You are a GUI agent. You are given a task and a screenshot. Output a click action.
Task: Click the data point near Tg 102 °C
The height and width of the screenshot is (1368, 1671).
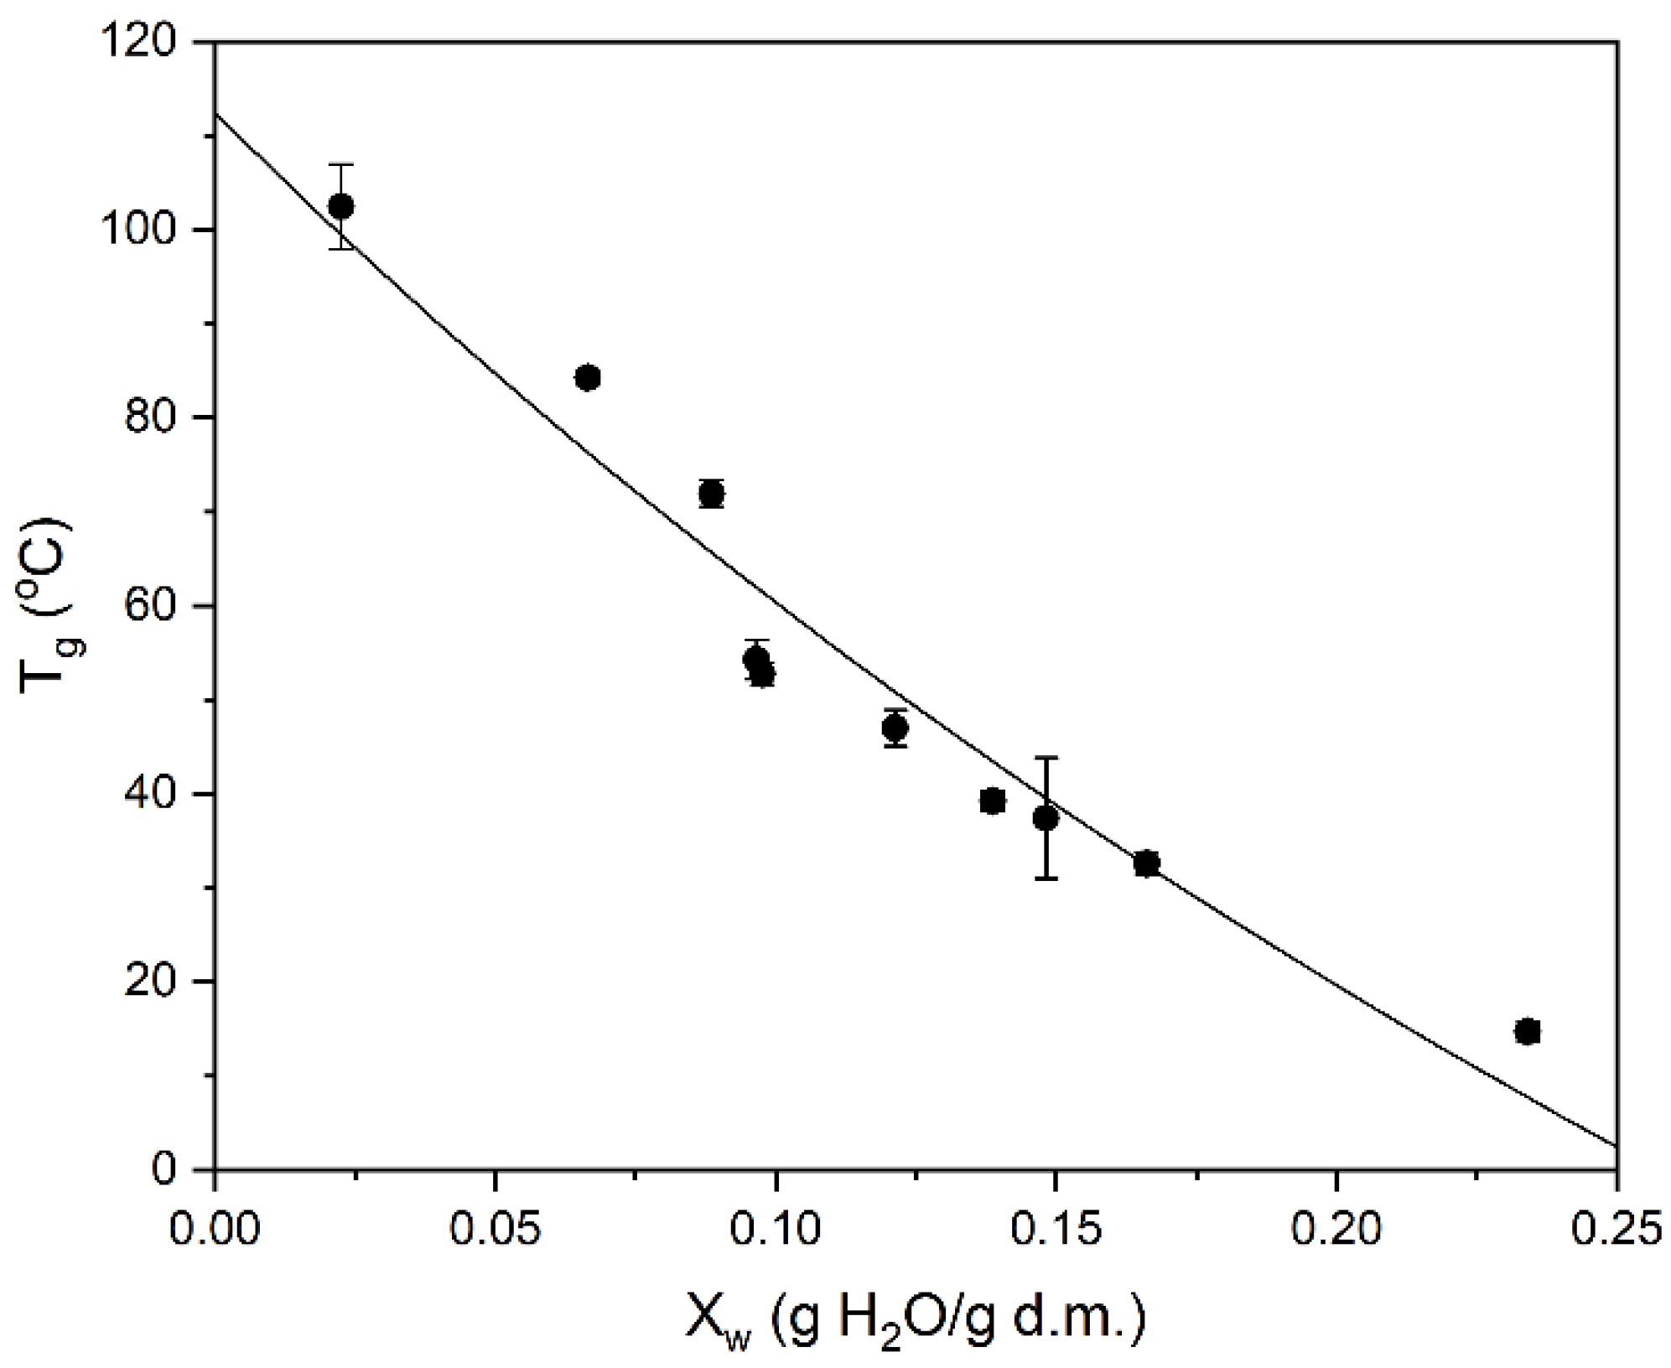(x=340, y=206)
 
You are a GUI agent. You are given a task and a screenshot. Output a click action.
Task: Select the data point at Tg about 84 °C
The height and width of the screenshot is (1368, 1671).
(x=588, y=378)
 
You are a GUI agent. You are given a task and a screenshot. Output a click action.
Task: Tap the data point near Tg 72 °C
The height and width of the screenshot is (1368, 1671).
(x=711, y=494)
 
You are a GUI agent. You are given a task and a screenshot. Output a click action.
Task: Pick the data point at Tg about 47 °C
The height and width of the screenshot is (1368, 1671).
(x=895, y=728)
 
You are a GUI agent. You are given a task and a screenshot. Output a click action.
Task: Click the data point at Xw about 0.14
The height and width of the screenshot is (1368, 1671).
(x=993, y=801)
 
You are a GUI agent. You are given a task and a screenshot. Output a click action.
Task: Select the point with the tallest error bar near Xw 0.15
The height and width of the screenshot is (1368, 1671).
(x=1046, y=817)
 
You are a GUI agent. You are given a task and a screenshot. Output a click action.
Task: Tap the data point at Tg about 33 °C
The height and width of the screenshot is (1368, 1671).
(x=1146, y=863)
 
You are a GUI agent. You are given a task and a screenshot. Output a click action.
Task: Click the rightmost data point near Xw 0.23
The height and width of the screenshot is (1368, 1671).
(x=1528, y=1031)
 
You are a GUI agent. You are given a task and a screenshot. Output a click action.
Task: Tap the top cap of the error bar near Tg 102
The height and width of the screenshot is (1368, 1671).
(x=340, y=165)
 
